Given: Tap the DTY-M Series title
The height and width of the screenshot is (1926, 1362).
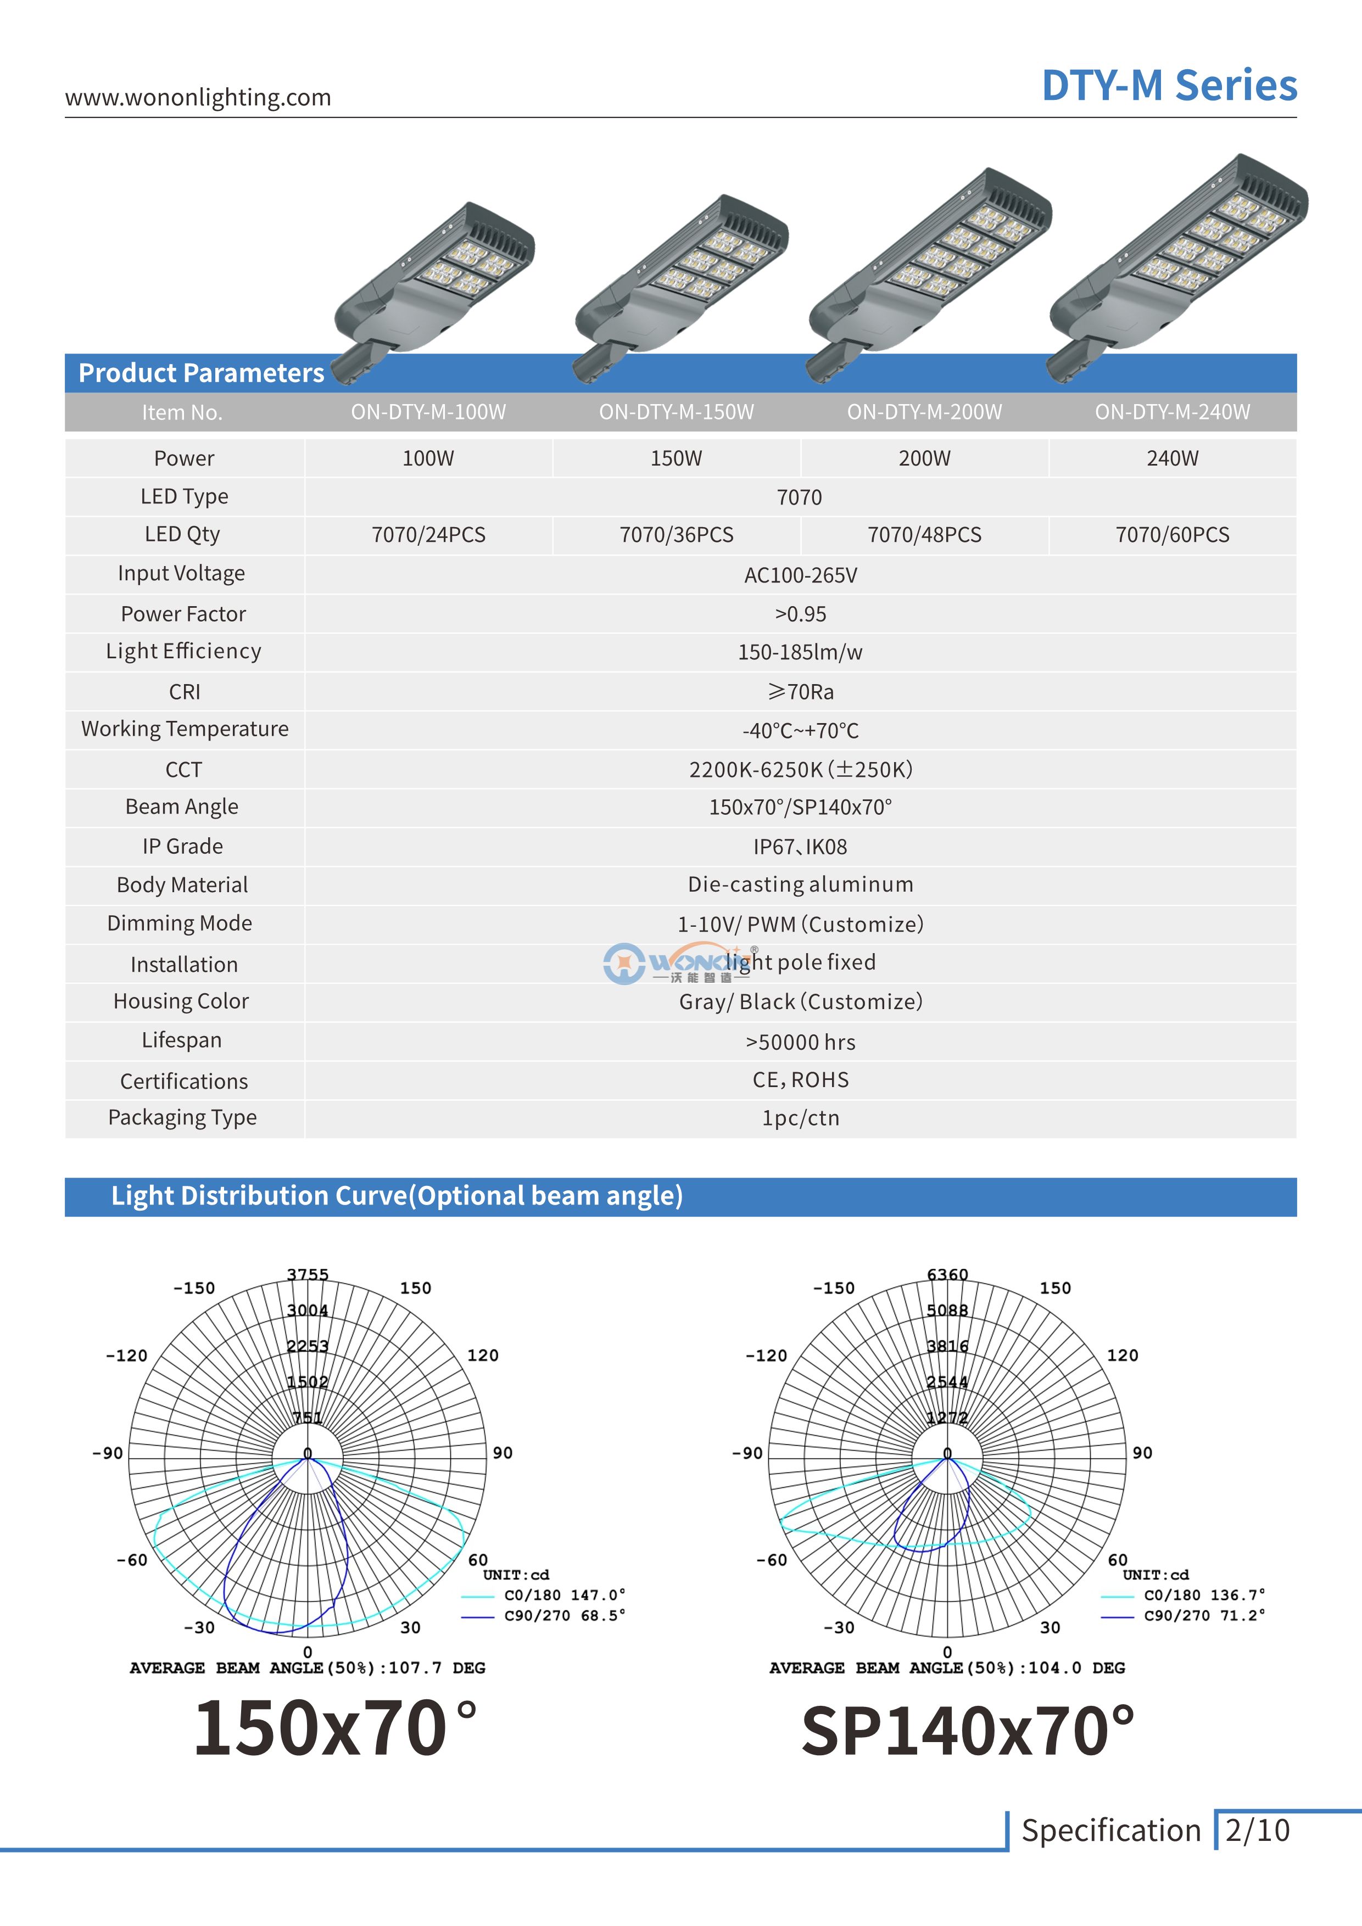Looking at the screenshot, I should click(1169, 86).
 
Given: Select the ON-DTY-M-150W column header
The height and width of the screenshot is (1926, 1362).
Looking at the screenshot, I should click(677, 412).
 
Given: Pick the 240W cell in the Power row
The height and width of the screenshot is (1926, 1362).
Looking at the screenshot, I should click(1173, 458).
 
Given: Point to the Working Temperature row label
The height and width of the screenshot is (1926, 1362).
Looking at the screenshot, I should click(185, 729).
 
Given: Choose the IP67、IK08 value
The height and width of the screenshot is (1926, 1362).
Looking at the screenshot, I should click(800, 847).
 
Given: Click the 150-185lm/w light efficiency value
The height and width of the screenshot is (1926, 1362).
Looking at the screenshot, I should click(800, 652).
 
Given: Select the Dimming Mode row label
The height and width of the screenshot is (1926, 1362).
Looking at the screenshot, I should click(180, 923).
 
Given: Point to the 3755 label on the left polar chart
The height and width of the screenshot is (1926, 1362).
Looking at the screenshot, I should click(308, 1274).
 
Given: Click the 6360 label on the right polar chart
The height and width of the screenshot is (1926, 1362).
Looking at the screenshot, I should click(947, 1274).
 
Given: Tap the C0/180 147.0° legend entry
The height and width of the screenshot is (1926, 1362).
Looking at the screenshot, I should click(564, 1594).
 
